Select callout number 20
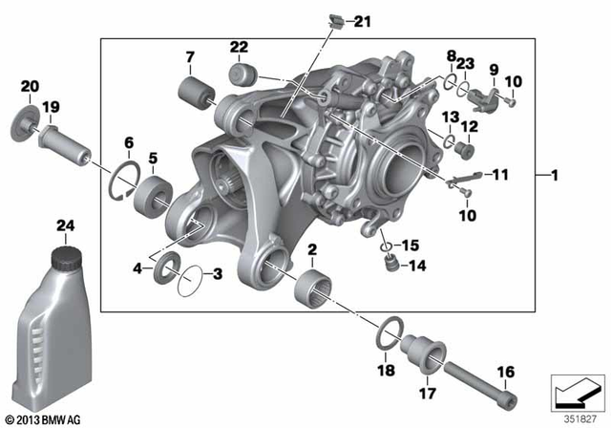pyautogui.click(x=29, y=86)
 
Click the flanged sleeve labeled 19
pyautogui.click(x=63, y=143)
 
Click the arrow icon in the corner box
pyautogui.click(x=576, y=391)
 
